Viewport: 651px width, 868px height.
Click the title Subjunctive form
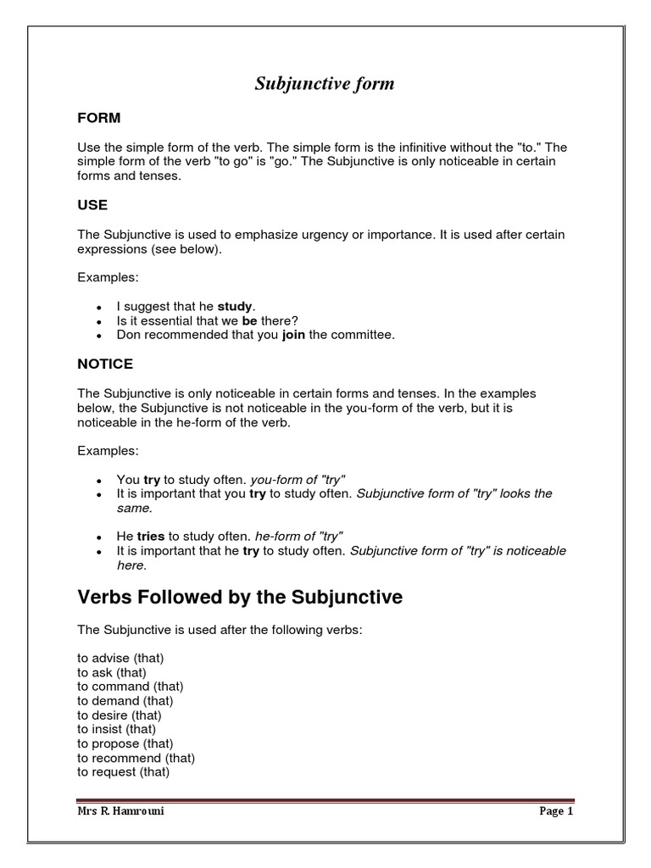325,84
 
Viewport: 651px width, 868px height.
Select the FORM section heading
99,118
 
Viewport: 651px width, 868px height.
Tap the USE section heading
92,205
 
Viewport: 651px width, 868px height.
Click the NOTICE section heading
105,364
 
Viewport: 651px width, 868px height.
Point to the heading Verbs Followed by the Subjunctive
240,598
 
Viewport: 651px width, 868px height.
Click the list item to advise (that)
120,658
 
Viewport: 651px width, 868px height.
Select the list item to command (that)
130,686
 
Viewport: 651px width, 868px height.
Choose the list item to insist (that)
117,729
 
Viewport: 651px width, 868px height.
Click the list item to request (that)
123,772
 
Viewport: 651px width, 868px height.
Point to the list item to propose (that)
124,743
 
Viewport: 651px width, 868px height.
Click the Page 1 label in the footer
557,811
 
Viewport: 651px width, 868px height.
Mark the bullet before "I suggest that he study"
100,307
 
